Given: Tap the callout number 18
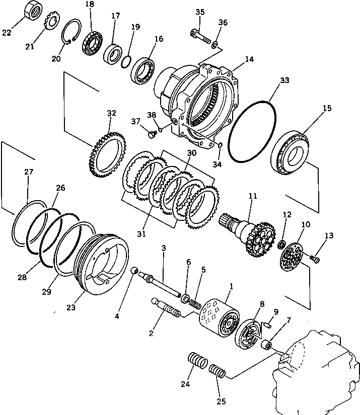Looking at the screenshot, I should pos(90,5).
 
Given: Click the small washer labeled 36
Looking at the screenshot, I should pos(215,45).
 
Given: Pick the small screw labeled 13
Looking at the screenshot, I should pos(316,259).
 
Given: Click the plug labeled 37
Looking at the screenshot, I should pos(150,133).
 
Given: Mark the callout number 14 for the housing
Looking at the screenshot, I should pos(249,59).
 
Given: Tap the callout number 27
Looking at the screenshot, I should pos(29,172).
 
